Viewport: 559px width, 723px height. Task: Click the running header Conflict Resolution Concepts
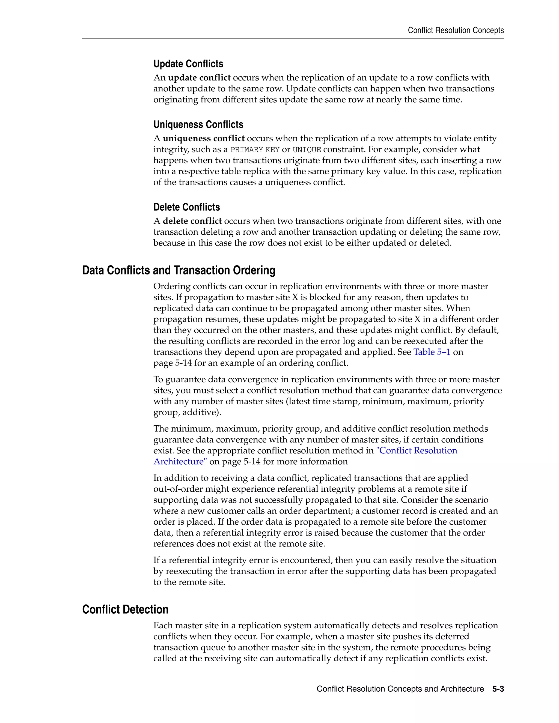455,31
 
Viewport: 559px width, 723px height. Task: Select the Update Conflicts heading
188,64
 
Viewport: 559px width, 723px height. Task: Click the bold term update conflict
199,78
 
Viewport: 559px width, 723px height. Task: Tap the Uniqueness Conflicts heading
198,124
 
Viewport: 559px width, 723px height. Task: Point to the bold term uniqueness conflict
203,138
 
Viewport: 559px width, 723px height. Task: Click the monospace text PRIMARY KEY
255,150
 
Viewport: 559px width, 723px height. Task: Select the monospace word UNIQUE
306,150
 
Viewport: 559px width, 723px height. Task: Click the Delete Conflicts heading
186,207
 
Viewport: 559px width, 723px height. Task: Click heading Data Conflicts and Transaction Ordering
179,270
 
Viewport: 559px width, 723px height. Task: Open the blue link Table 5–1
432,352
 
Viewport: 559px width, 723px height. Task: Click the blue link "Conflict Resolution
416,450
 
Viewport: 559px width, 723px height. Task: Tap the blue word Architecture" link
180,461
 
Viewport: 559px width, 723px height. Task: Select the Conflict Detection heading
125,610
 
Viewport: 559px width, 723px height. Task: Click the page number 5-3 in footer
498,689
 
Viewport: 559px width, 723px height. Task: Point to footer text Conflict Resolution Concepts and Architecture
400,689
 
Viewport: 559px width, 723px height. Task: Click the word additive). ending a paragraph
202,413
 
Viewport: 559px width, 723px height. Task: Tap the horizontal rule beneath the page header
293,39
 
